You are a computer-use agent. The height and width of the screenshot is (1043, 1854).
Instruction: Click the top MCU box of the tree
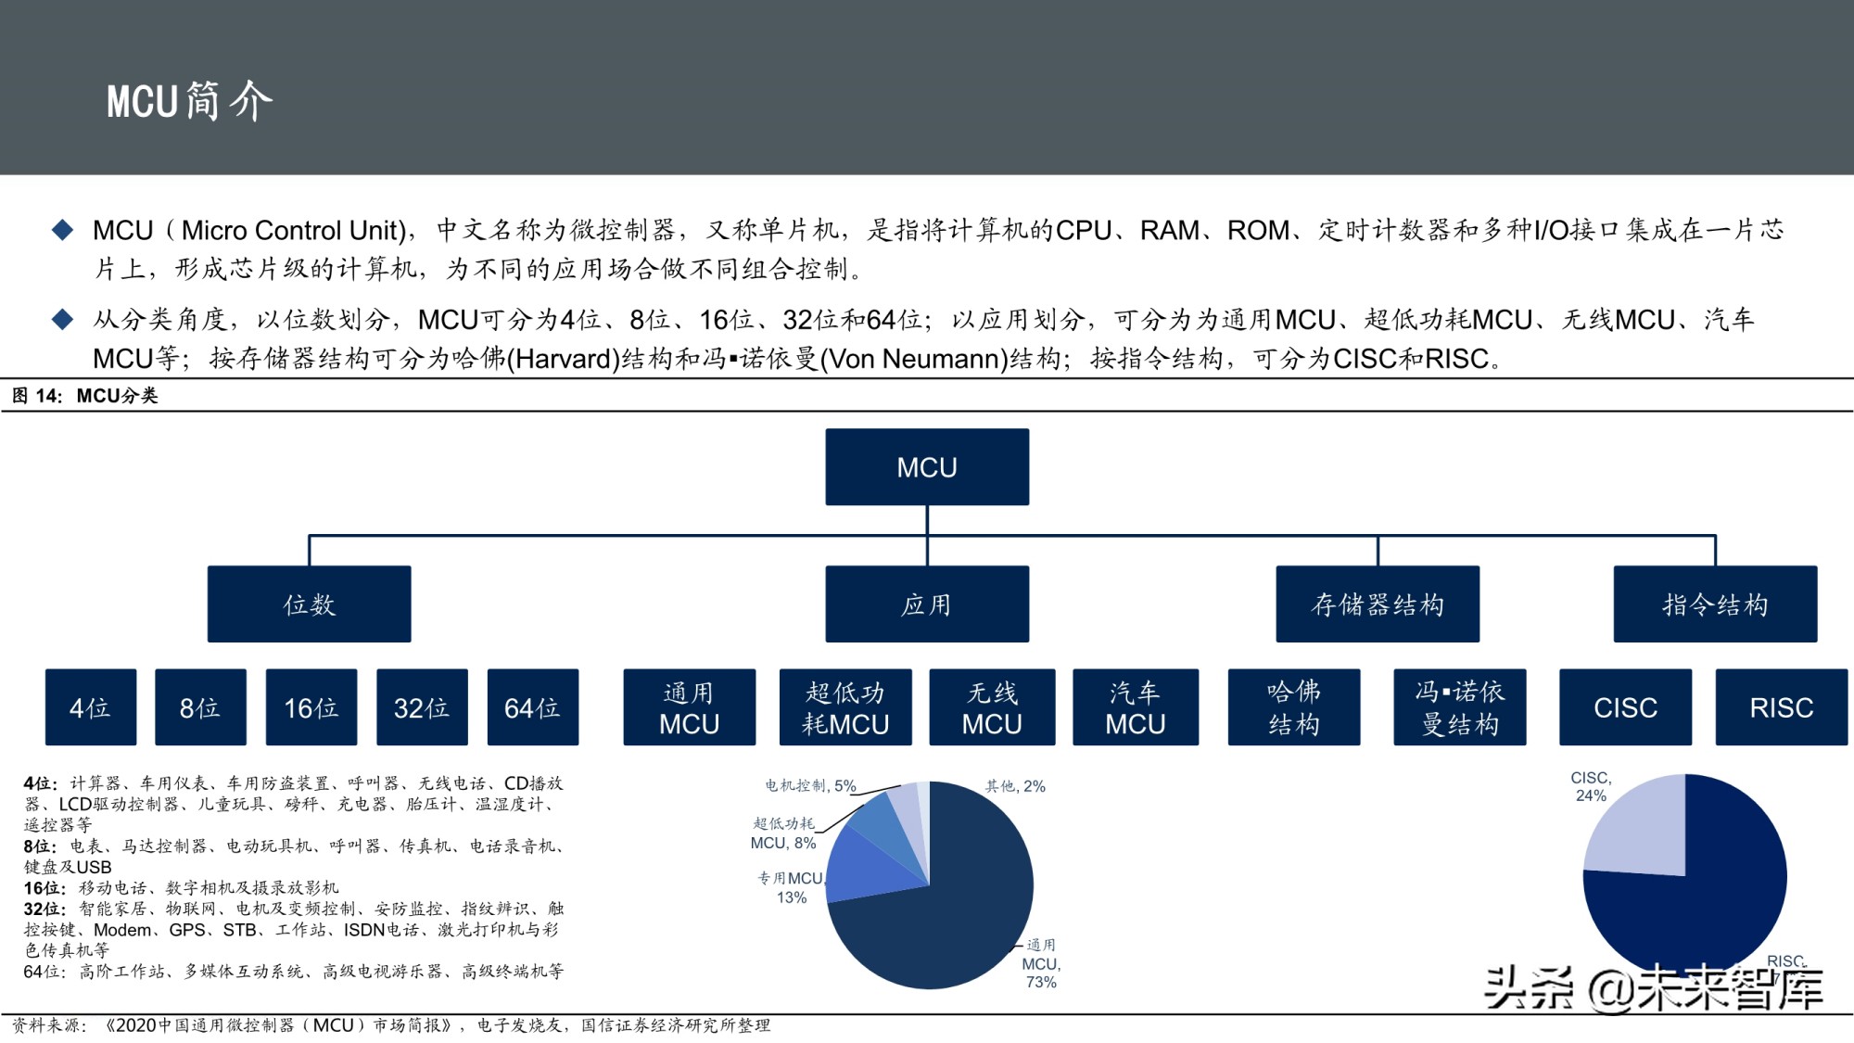coord(927,466)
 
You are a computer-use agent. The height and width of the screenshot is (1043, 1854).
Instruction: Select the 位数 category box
coord(309,604)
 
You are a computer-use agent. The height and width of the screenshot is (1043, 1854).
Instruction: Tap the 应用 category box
coord(927,604)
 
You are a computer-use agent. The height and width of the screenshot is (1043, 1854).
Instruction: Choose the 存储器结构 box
coord(1378,604)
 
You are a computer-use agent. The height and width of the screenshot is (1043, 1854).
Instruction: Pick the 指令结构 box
coord(1715,604)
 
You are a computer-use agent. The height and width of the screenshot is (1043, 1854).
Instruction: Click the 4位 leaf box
coord(91,707)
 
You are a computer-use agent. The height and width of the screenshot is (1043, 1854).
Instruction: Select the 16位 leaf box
coord(311,707)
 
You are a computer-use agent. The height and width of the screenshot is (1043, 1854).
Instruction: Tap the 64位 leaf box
coord(533,707)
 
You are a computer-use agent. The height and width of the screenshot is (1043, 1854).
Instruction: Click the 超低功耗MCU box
coord(845,707)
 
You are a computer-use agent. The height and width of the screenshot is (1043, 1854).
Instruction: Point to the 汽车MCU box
coord(1136,707)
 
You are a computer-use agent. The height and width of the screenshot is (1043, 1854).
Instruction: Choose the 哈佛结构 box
coord(1294,707)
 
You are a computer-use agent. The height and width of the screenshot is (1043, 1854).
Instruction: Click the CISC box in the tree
coord(1625,707)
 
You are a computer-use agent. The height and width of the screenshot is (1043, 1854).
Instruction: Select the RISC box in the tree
coord(1781,707)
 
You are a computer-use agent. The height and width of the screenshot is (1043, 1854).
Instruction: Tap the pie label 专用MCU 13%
coord(791,887)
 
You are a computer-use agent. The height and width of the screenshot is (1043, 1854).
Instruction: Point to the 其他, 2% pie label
coord(1015,786)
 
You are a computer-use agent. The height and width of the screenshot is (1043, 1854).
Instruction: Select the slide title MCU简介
coord(189,100)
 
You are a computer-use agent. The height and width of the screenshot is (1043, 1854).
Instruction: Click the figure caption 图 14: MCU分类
coord(85,396)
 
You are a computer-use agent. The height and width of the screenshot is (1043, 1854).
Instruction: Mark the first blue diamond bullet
coord(62,230)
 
